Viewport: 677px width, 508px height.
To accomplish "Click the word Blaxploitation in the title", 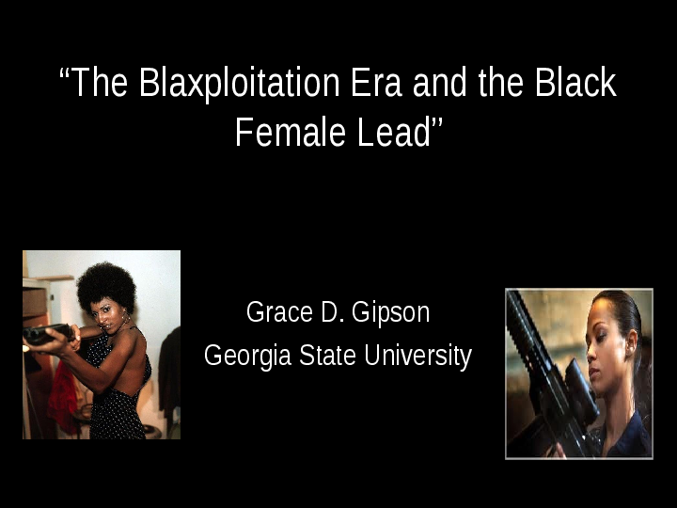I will (x=239, y=84).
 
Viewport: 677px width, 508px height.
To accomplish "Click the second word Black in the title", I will (x=575, y=84).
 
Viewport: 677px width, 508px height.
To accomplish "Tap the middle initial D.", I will (x=327, y=311).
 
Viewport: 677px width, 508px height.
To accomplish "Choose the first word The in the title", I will (x=101, y=84).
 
